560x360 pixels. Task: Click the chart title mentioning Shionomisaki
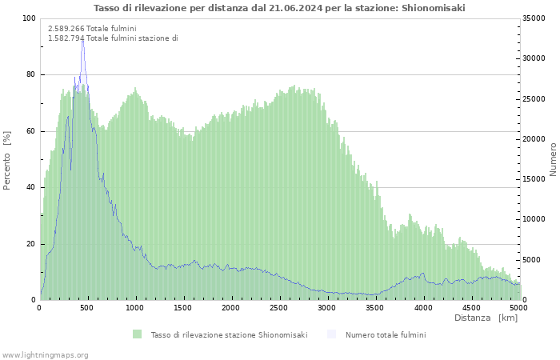279,8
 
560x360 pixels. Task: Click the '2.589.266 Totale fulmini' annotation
92,28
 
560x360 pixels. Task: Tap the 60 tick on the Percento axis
31,131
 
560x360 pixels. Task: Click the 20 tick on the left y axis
31,244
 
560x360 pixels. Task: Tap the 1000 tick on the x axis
135,307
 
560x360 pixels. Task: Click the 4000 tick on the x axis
423,307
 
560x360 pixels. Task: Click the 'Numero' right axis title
553,159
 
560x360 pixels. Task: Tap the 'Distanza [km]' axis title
486,318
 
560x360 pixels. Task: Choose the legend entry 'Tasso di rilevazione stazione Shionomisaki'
229,334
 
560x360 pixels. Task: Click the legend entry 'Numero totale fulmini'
386,334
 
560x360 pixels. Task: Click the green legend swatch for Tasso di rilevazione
138,334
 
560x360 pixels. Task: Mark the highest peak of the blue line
82,39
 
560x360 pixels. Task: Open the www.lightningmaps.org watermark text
46,354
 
